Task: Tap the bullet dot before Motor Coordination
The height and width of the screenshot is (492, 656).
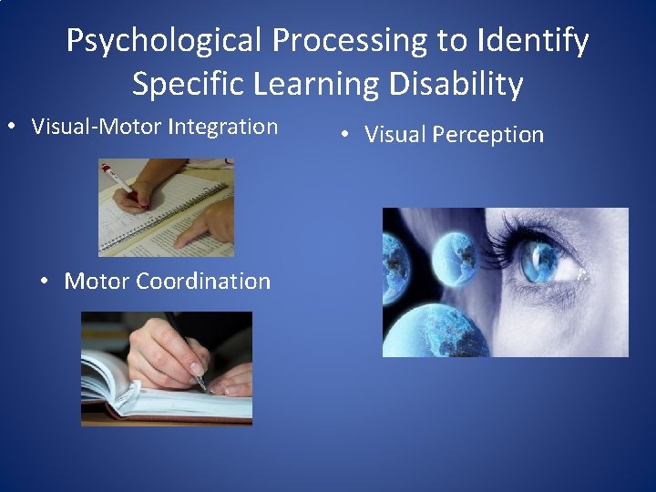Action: pos(46,282)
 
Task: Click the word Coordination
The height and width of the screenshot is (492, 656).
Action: pos(203,281)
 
